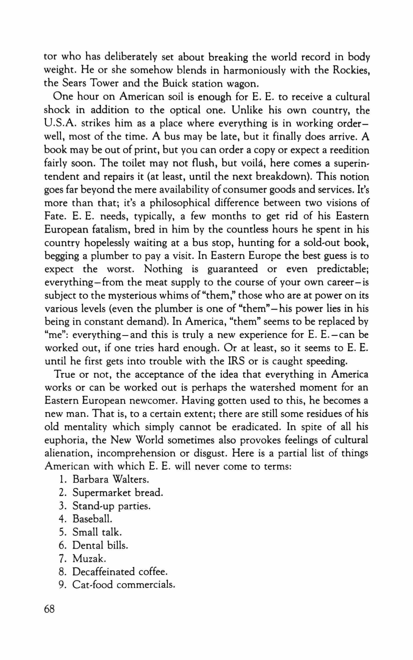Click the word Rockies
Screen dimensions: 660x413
(351, 71)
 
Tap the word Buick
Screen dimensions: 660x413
(176, 84)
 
